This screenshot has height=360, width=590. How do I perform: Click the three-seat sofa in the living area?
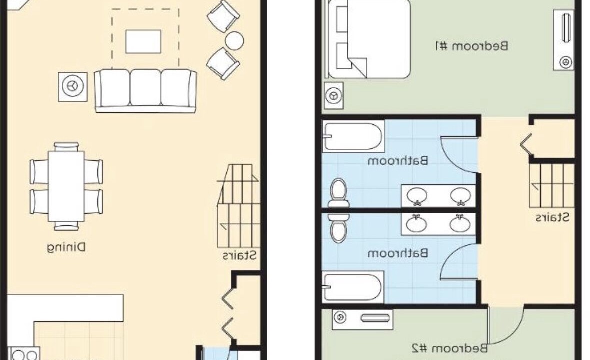pos(145,90)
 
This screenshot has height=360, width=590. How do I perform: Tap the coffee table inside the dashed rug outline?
pos(143,41)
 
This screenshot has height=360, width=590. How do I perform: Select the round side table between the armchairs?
pos(234,40)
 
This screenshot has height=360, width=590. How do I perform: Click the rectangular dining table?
pos(66,186)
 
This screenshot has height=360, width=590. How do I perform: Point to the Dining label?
pos(66,247)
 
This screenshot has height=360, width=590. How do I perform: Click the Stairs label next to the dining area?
pos(239,256)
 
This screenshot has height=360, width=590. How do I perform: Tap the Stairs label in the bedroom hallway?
pos(552,217)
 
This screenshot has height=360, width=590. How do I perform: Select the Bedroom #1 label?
pos(472,46)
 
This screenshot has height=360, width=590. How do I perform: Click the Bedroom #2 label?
pos(450,348)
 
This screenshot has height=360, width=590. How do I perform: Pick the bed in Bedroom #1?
pos(369,39)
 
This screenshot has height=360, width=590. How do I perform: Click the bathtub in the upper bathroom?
pos(353,137)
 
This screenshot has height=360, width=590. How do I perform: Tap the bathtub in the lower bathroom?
pos(353,287)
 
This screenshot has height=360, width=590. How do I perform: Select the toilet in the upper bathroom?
pos(338,193)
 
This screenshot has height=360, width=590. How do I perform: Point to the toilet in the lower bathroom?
pos(338,228)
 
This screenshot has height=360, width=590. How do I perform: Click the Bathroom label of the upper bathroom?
pos(398,161)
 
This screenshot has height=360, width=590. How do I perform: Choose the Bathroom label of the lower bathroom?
pos(398,253)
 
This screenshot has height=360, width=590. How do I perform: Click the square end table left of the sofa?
pos(72,87)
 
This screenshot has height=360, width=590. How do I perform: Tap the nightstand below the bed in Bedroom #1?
pos(334,96)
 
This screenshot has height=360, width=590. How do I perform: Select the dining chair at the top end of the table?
pos(66,147)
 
